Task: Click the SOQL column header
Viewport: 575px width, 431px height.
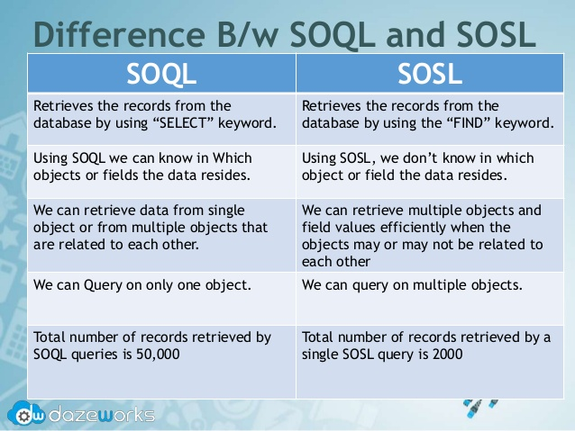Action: tap(161, 74)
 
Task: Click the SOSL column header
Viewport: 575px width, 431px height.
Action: tap(430, 74)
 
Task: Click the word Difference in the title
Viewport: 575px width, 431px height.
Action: tap(119, 34)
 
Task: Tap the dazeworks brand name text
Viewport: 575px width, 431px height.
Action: tap(102, 415)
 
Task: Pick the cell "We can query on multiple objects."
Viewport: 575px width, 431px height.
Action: tap(412, 285)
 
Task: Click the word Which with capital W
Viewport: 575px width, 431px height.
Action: tap(233, 158)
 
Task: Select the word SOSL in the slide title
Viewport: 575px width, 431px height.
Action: tap(497, 34)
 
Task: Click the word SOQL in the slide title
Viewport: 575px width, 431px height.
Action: tap(333, 35)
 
